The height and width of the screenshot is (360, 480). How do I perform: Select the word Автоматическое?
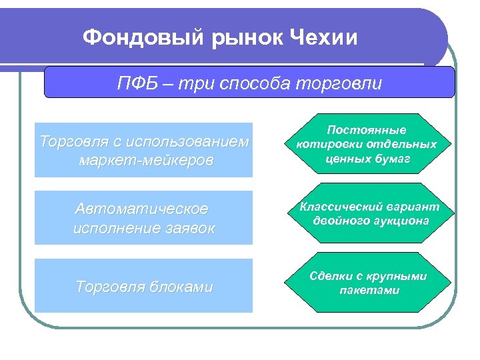tap(141, 209)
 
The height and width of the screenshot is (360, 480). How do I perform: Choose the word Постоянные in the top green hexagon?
tap(367, 131)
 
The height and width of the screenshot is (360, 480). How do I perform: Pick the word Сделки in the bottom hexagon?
tap(330, 276)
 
